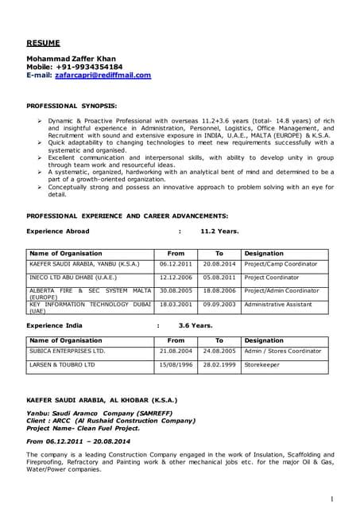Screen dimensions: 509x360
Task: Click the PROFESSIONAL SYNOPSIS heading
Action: [x=72, y=105]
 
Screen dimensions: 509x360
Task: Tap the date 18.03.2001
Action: [x=176, y=304]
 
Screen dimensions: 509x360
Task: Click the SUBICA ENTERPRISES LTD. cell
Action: [x=67, y=351]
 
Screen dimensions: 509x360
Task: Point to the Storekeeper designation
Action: [x=263, y=364]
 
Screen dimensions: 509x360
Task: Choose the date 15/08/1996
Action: [x=176, y=364]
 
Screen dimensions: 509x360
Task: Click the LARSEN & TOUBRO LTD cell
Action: [x=62, y=364]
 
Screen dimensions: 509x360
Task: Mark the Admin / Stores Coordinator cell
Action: [x=282, y=351]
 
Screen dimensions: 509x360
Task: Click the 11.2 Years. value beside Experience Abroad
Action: [x=219, y=231]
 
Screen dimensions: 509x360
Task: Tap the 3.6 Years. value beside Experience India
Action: [x=195, y=325]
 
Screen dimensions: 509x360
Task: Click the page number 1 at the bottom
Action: [x=331, y=498]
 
